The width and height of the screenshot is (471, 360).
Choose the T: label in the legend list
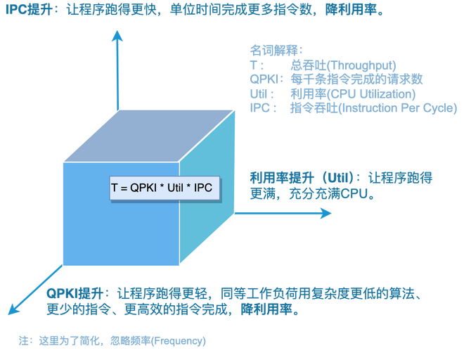click(x=254, y=63)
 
